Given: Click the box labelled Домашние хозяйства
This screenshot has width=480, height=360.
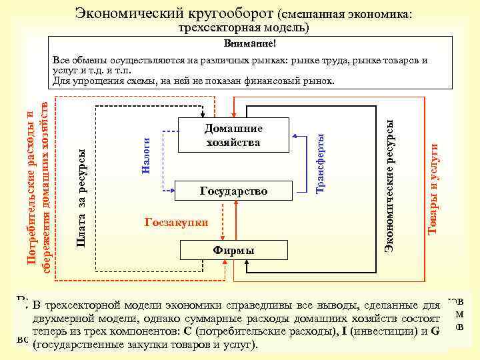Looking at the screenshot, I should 233,135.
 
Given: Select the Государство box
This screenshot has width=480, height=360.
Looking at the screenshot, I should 233,191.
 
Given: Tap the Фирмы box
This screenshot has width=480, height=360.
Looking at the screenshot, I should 233,250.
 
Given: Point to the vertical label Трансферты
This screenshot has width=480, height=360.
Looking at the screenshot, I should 320,163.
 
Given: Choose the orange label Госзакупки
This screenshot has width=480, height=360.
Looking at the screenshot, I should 176,222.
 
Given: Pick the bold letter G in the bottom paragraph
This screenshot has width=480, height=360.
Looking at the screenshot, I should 435,332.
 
